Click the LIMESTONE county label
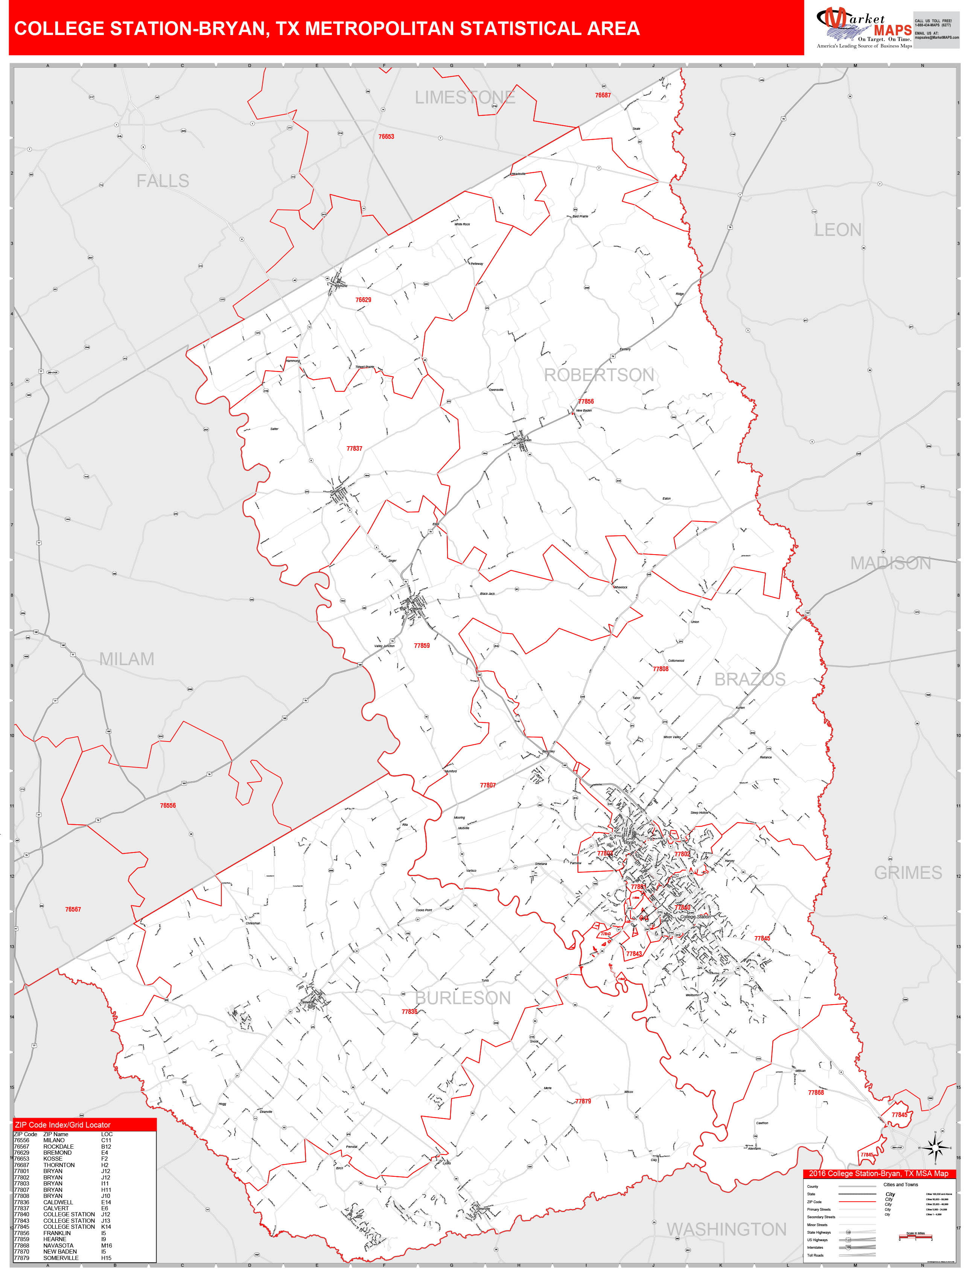pyautogui.click(x=464, y=97)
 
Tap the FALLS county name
pyautogui.click(x=163, y=181)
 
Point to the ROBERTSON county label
pyautogui.click(x=599, y=375)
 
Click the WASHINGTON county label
pyautogui.click(x=726, y=1229)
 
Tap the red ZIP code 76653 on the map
pyautogui.click(x=386, y=137)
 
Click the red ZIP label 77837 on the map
pyautogui.click(x=355, y=448)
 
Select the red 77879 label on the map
pyautogui.click(x=583, y=1101)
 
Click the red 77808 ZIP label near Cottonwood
pyautogui.click(x=660, y=669)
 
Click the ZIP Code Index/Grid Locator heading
pyautogui.click(x=63, y=1125)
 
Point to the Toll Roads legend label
pyautogui.click(x=815, y=1255)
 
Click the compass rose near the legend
pyautogui.click(x=935, y=1148)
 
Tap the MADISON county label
pyautogui.click(x=890, y=563)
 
